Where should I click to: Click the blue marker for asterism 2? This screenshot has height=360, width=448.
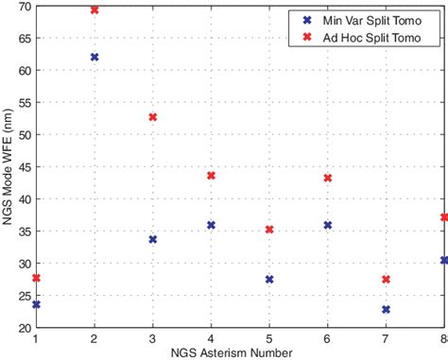tap(95, 58)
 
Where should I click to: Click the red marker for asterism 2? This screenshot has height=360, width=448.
tap(95, 9)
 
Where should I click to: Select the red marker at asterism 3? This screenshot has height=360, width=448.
tap(153, 117)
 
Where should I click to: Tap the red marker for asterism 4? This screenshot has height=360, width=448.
tap(212, 176)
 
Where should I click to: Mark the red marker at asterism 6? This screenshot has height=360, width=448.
tap(328, 178)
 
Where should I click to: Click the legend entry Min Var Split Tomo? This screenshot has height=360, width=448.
tap(374, 19)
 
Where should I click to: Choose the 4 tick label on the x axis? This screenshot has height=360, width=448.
tap(212, 337)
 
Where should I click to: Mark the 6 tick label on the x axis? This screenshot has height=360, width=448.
tap(328, 337)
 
